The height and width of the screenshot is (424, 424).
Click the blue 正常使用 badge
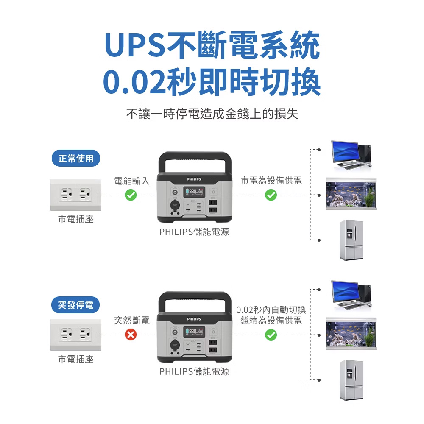pyautogui.click(x=76, y=158)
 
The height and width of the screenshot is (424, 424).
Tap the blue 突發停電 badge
pyautogui.click(x=75, y=305)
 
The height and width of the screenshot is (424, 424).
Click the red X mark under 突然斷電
pyautogui.click(x=131, y=335)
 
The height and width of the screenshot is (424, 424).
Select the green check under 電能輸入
pyautogui.click(x=131, y=195)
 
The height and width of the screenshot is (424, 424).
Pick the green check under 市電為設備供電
pyautogui.click(x=271, y=195)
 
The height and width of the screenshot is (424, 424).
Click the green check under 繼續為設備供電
pyautogui.click(x=271, y=335)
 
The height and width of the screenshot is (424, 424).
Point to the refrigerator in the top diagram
pyautogui.click(x=351, y=240)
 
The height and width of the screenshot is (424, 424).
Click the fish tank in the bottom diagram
pyautogui.click(x=351, y=333)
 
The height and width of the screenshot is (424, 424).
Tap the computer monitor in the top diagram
pyautogui.click(x=346, y=153)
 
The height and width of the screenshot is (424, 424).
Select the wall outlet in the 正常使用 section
pyautogui.click(x=75, y=195)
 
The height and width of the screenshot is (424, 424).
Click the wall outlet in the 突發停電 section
pyautogui.click(x=75, y=335)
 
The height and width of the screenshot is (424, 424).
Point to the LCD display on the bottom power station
pyautogui.click(x=195, y=332)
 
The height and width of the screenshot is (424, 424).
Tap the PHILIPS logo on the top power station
pyautogui.click(x=194, y=179)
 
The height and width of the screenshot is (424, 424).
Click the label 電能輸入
pyautogui.click(x=132, y=181)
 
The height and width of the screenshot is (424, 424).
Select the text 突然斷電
pyautogui.click(x=132, y=320)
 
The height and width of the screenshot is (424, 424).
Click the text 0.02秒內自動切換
pyautogui.click(x=271, y=310)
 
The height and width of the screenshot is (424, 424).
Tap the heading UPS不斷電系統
pyautogui.click(x=212, y=45)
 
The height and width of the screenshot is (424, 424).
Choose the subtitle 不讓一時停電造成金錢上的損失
pyautogui.click(x=212, y=114)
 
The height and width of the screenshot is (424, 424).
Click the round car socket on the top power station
pyautogui.click(x=175, y=205)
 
